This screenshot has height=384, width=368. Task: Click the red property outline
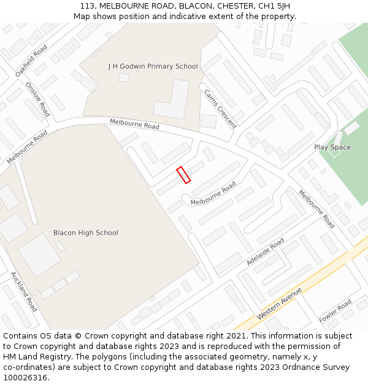pyautogui.click(x=183, y=174)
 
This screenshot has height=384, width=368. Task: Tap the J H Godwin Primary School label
pyautogui.click(x=153, y=66)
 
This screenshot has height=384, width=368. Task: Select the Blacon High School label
pyautogui.click(x=85, y=233)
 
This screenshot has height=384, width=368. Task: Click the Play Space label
pyautogui.click(x=332, y=147)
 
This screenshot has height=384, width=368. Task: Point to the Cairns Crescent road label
pyautogui.click(x=220, y=109)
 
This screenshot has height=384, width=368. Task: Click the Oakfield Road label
pyautogui.click(x=31, y=60)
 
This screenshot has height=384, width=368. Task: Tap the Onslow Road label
pyautogui.click(x=37, y=100)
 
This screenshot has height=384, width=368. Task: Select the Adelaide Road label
pyautogui.click(x=265, y=252)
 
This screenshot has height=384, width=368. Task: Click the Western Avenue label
pyautogui.click(x=280, y=302)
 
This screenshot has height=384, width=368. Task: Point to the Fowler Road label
pyautogui.click(x=335, y=312)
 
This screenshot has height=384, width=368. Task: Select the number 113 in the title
pyautogui.click(x=87, y=6)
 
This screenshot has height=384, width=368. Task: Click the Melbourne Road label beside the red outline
pyautogui.click(x=213, y=194)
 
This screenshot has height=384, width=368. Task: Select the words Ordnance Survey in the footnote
pyautogui.click(x=320, y=367)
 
